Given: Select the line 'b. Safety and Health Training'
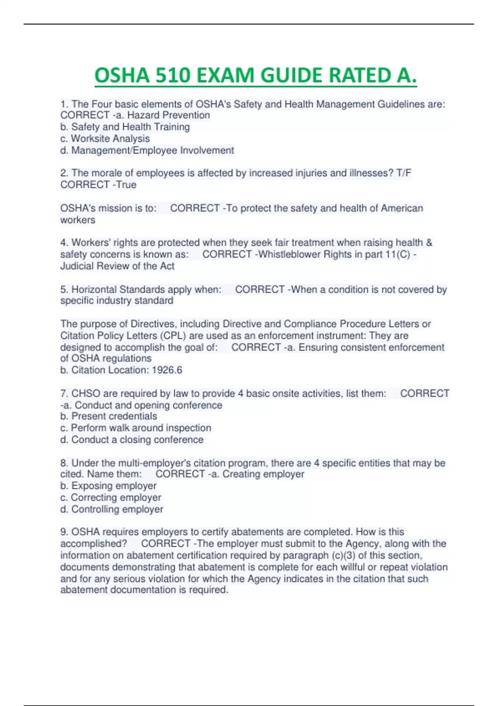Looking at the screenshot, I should coord(125,127).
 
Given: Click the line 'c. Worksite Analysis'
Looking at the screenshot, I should coord(105,139).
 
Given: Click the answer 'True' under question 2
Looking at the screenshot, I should coord(126,185).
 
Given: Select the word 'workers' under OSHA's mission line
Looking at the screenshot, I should coord(78,220).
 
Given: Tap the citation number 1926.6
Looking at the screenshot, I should coord(167,370).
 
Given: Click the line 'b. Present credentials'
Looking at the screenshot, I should coord(109,417).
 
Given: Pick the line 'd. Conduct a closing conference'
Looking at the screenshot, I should coord(132,440).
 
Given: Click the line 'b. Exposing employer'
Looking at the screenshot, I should coord(108,486).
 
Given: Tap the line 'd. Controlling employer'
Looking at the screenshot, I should coord(112,509).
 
